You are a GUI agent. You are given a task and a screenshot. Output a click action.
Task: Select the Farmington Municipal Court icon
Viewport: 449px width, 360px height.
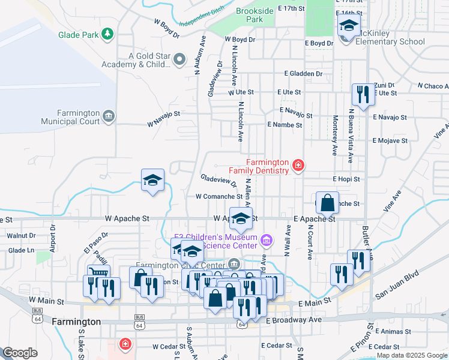coord(108,116)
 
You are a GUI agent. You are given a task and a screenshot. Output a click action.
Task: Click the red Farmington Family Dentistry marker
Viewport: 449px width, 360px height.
coord(297,165)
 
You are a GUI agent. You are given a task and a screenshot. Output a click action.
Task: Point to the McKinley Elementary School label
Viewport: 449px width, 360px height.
coord(390,42)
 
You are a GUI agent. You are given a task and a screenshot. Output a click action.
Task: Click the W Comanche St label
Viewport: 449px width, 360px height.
coord(218,196)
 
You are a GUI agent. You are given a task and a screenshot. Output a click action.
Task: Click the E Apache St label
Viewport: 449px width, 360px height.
coord(315,220)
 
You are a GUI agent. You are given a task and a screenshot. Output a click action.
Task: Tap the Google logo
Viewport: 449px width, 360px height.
coord(20,353)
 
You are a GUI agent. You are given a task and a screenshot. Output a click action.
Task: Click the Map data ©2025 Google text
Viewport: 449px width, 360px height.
coord(412,355)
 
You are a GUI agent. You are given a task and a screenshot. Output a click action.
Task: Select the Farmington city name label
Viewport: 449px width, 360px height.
coord(76,322)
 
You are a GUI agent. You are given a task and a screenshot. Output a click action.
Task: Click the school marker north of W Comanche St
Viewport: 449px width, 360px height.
coord(152,180)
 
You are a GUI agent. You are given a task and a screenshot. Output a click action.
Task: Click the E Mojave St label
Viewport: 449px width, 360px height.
coord(390,141)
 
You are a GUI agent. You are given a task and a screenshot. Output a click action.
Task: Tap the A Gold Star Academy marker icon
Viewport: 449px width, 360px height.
coord(179,59)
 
